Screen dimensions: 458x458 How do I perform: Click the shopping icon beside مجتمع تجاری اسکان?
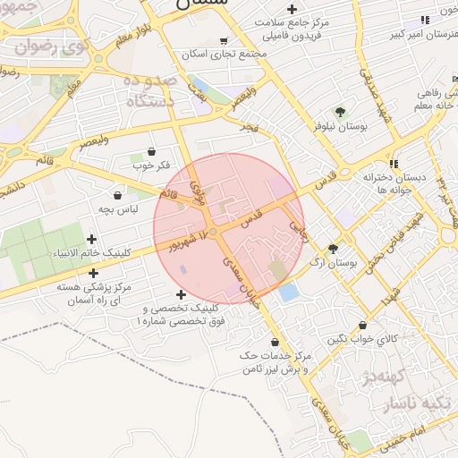point(223,40)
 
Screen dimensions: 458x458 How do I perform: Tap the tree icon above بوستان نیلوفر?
point(340,112)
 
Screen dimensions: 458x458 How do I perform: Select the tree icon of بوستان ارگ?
point(333,249)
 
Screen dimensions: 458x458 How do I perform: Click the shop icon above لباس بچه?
point(117,194)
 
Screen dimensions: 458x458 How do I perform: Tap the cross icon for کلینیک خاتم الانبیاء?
point(92,239)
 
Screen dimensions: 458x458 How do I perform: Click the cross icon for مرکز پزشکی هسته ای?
point(93,272)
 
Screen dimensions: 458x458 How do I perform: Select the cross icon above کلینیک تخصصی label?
point(182,294)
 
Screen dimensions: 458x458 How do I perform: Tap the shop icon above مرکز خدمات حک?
point(275,342)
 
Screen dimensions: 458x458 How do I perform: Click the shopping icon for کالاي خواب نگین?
point(362,326)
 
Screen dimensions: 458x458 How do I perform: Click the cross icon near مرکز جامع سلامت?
point(292,9)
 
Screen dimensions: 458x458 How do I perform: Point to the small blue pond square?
point(288,292)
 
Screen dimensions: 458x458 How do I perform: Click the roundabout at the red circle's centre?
point(213,232)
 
